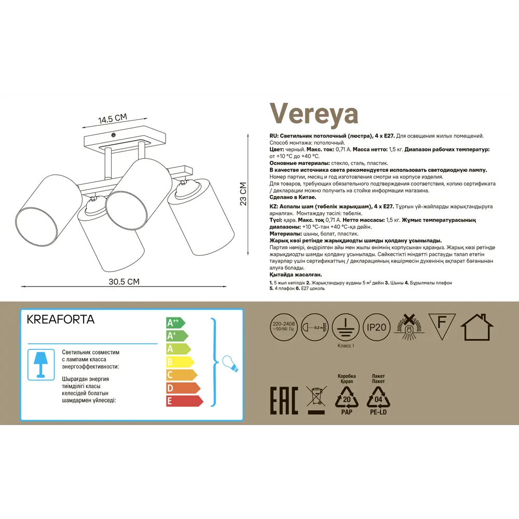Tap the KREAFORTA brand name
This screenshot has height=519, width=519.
pyautogui.click(x=61, y=320)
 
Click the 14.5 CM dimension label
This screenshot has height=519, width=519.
pyautogui.click(x=113, y=119)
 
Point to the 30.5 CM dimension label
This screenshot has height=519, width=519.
pyautogui.click(x=124, y=282)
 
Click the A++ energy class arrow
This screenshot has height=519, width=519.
pyautogui.click(x=175, y=322)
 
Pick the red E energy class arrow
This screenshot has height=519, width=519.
pyautogui.click(x=184, y=401)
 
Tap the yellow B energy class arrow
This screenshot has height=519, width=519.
pyautogui.click(x=180, y=362)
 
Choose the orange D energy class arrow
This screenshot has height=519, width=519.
pyautogui.click(x=183, y=388)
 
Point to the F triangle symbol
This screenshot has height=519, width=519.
pyautogui.click(x=442, y=325)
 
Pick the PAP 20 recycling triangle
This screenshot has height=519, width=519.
pyautogui.click(x=346, y=400)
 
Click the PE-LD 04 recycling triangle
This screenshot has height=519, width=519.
pyautogui.click(x=379, y=400)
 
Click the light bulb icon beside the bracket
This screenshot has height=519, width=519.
pyautogui.click(x=229, y=363)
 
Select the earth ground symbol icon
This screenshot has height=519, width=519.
pyautogui.click(x=345, y=326)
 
